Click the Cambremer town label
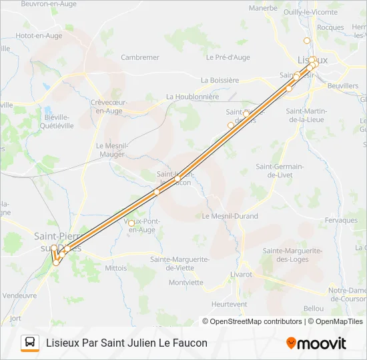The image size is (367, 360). click(140, 57)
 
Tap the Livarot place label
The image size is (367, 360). click(241, 274)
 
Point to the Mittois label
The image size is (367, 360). click(116, 269)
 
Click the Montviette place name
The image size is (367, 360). click(186, 282)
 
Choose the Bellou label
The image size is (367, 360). click(313, 308)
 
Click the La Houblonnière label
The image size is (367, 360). click(192, 97)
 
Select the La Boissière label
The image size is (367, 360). click(220, 80)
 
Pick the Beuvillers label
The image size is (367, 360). click(343, 86)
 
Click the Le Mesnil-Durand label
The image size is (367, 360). click(230, 217)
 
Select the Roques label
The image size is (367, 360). click(331, 28)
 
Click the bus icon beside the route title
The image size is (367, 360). click(30, 343)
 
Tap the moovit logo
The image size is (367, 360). click(316, 343)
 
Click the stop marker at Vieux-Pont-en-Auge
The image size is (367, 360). click(131, 223)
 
